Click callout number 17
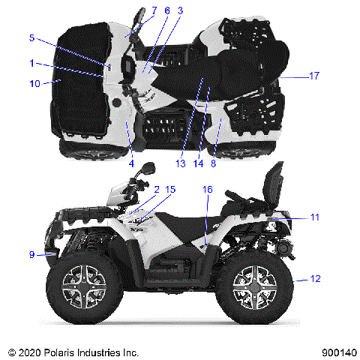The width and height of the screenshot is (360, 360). (314, 76)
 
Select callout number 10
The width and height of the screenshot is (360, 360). (34, 83)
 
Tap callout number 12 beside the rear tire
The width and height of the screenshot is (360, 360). (315, 278)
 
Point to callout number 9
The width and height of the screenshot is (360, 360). (31, 255)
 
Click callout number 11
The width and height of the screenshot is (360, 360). (315, 217)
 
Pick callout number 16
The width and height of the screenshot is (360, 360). (207, 190)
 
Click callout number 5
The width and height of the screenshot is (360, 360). (31, 37)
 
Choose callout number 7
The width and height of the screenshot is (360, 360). (153, 10)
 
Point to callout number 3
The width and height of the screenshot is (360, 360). (180, 10)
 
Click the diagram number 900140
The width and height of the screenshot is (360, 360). (335, 352)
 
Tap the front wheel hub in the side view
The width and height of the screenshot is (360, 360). (83, 287)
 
